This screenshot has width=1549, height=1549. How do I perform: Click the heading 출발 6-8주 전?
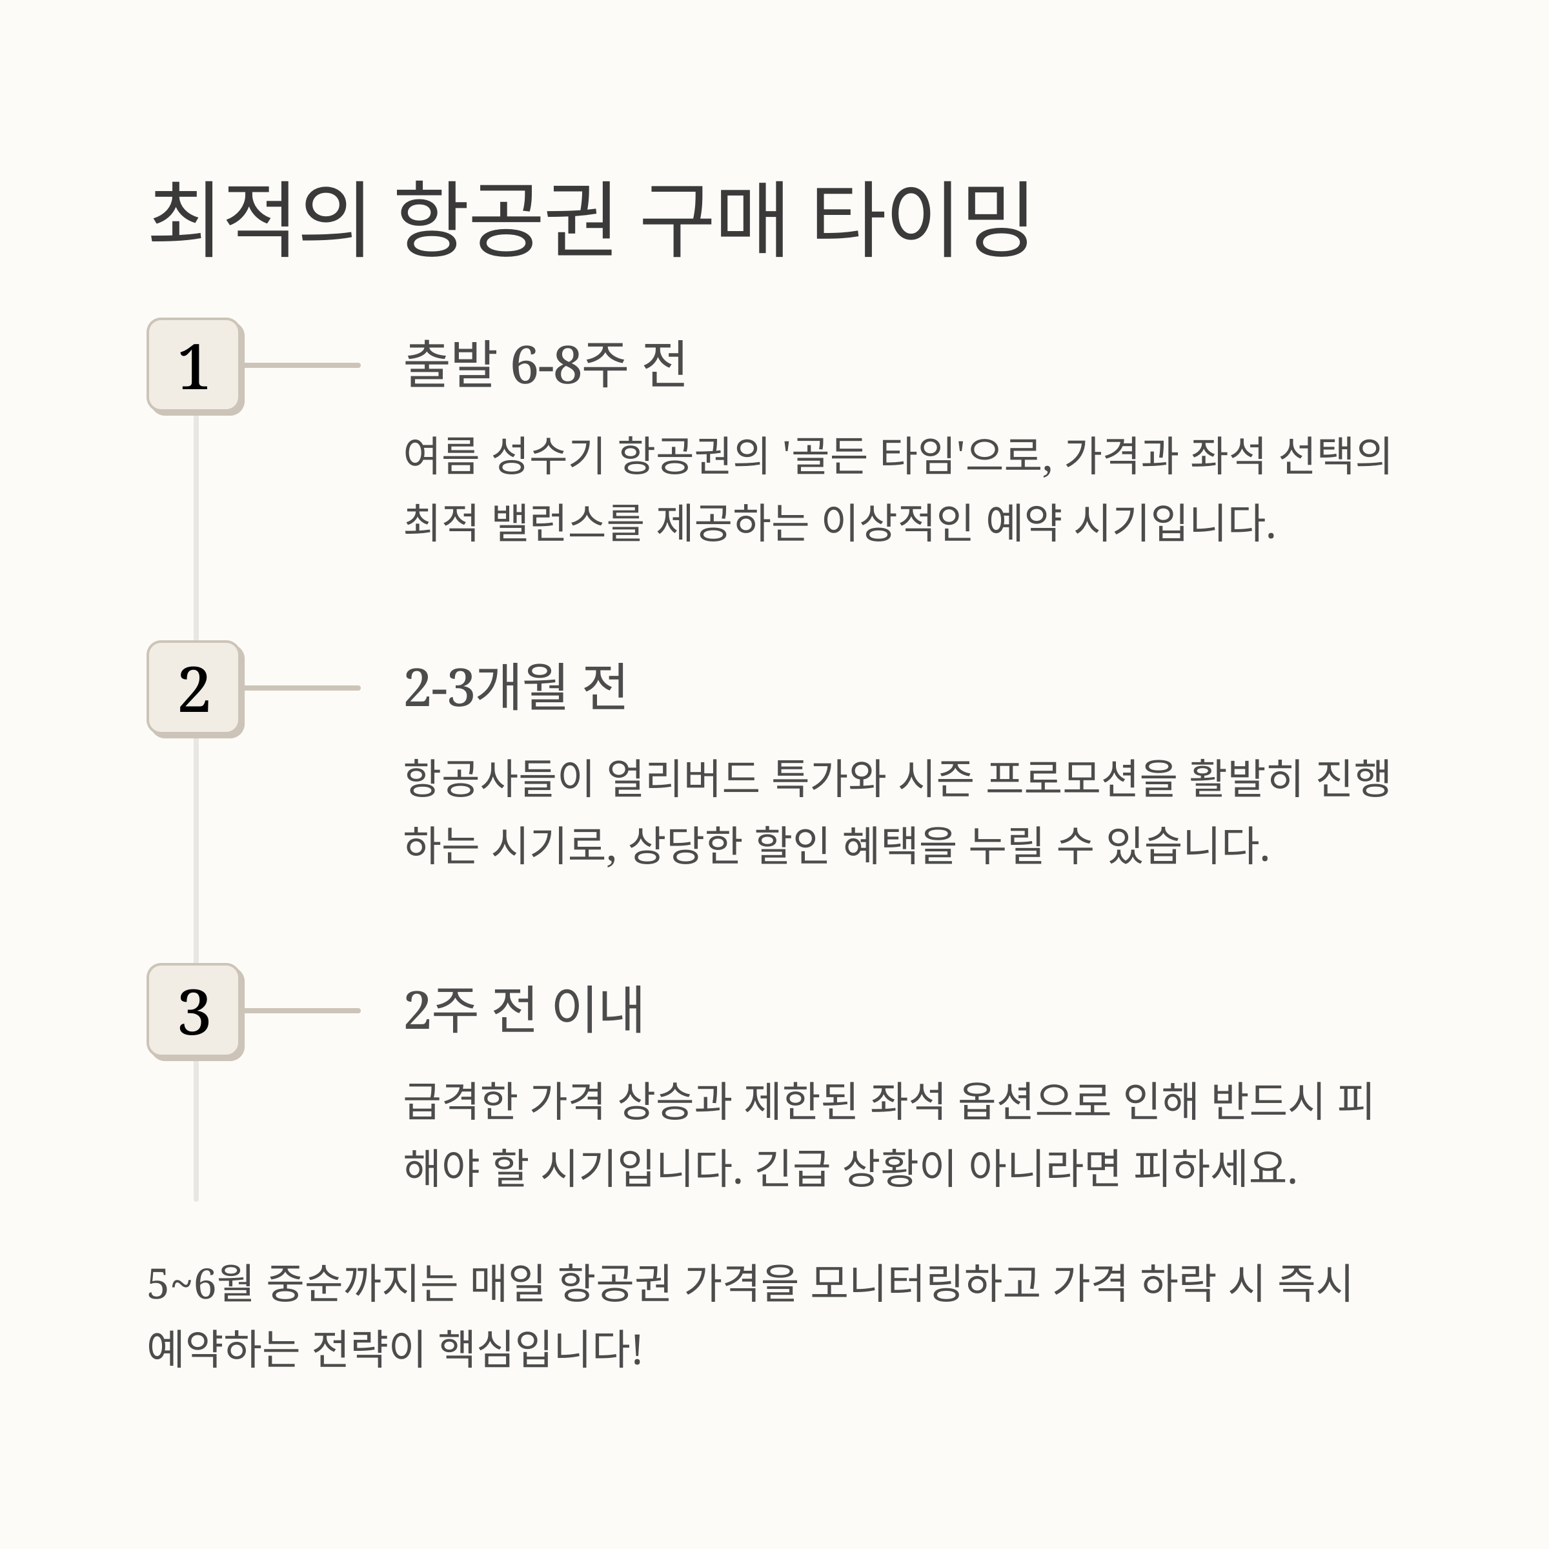point(545,365)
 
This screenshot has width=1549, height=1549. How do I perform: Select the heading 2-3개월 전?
point(515,687)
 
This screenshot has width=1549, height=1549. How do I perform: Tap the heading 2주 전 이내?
point(523,1009)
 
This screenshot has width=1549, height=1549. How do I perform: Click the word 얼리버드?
point(682,778)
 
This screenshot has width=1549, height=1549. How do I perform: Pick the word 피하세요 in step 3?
point(1214,1168)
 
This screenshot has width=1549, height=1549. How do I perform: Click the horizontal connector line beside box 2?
point(301,688)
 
